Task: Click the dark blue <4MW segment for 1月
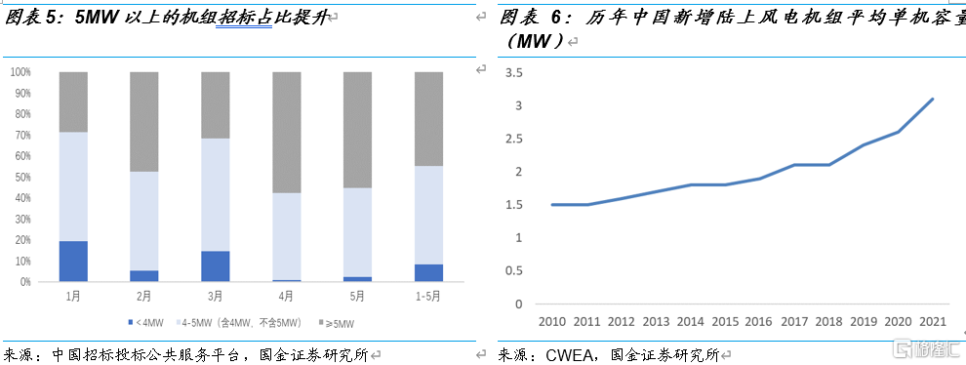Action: tap(73, 261)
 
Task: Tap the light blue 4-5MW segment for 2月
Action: tap(144, 221)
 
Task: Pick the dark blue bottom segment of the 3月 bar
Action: tap(216, 265)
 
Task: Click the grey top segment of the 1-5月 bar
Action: tap(428, 119)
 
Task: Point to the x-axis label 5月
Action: tap(357, 296)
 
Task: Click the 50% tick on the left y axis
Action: tap(20, 177)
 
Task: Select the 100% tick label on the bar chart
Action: tap(19, 72)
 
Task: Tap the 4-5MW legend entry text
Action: tap(240, 321)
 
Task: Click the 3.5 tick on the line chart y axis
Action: tap(515, 72)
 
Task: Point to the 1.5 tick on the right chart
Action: tap(515, 205)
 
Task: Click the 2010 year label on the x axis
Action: tap(551, 322)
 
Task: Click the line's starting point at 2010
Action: tap(551, 205)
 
